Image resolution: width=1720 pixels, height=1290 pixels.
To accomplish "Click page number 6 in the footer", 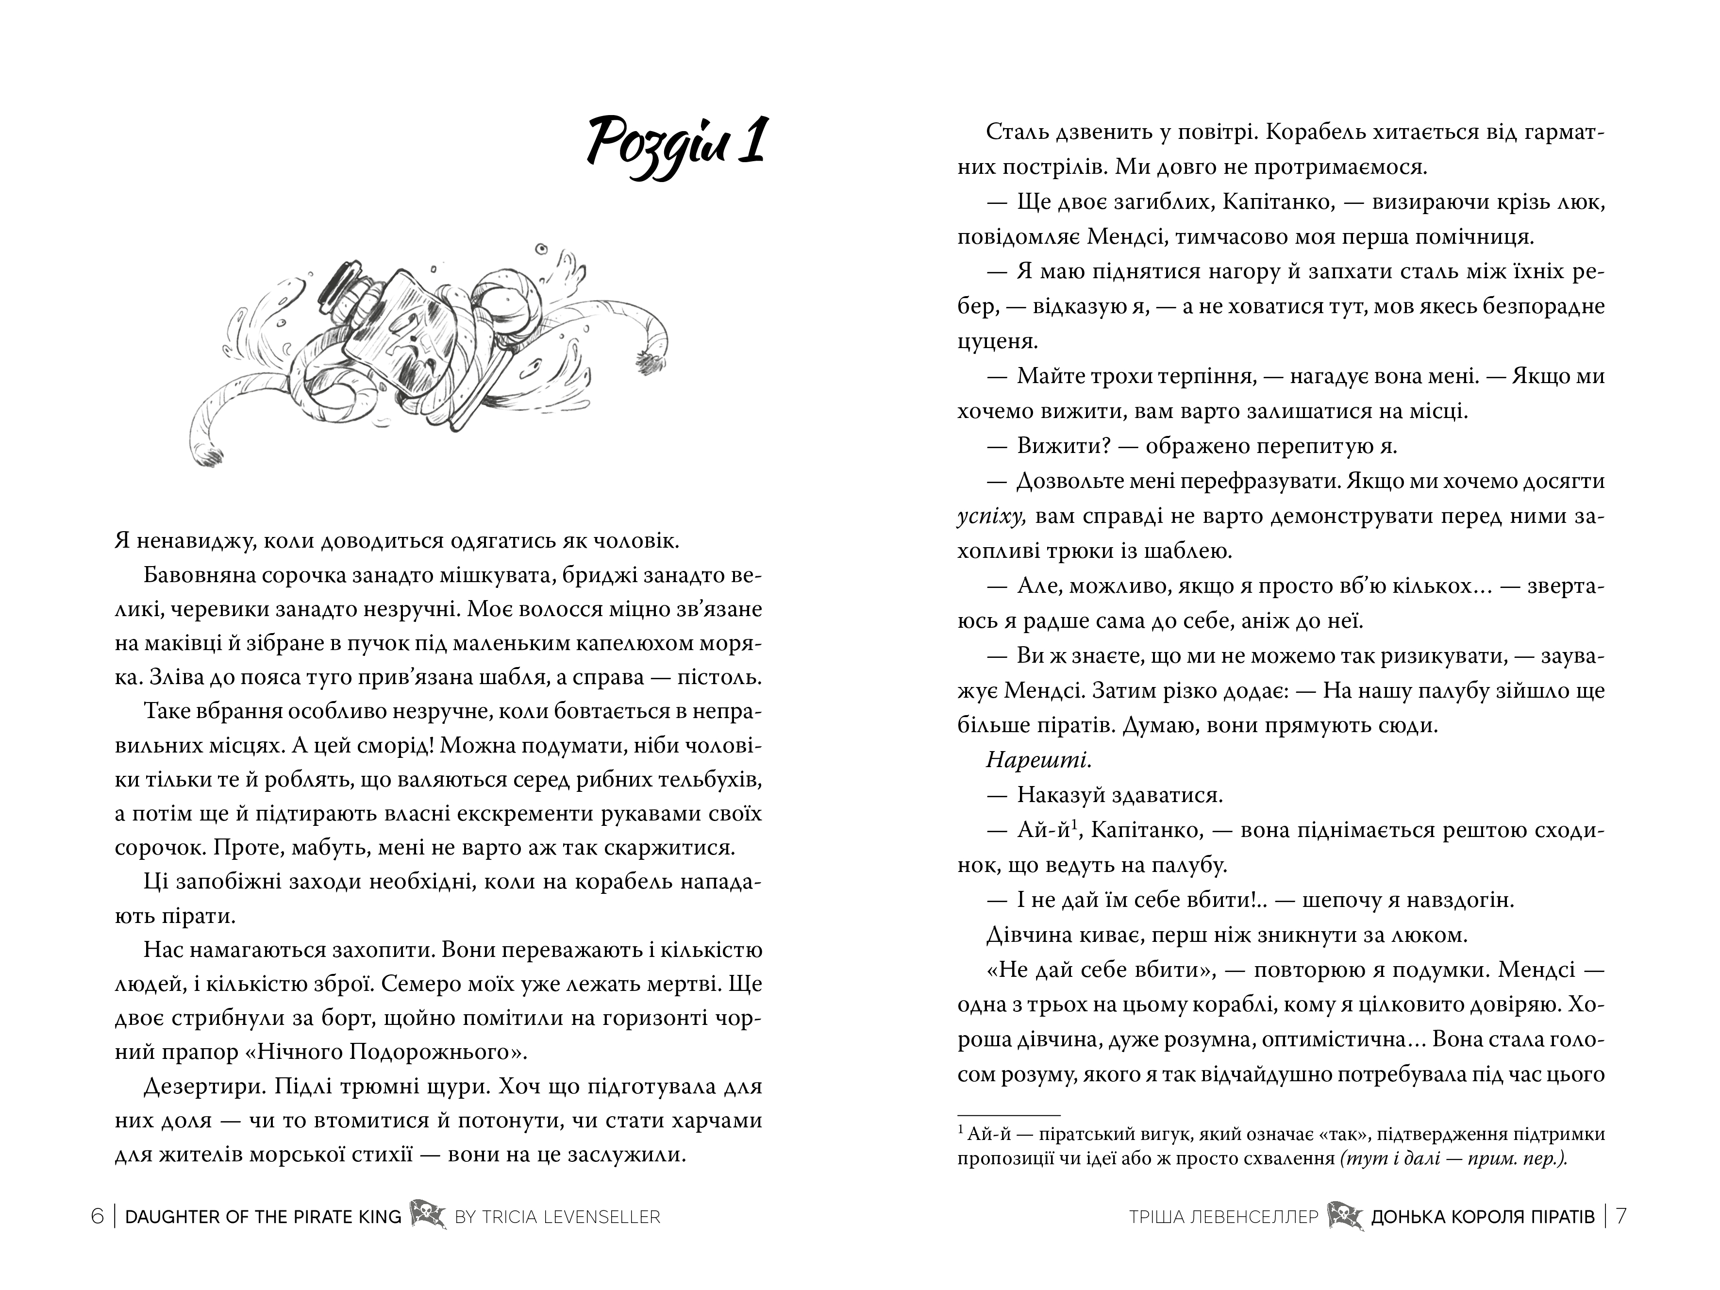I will [x=97, y=1216].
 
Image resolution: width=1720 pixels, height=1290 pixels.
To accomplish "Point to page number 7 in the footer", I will [x=1621, y=1216].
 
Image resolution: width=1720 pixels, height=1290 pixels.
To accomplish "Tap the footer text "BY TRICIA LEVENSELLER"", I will [x=557, y=1217].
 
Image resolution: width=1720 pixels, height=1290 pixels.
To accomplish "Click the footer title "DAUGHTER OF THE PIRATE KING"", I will [x=263, y=1217].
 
